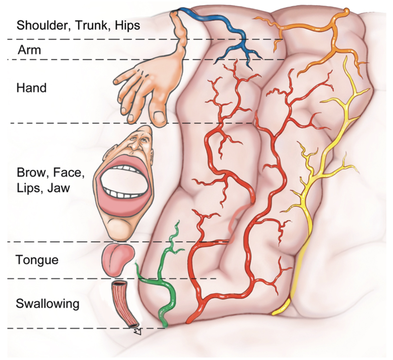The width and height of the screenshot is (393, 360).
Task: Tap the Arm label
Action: (29, 50)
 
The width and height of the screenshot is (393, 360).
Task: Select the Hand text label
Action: (31, 88)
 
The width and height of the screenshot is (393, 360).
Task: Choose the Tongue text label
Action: (37, 260)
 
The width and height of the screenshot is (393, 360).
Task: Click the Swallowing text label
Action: (47, 303)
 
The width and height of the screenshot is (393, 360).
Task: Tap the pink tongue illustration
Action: (118, 259)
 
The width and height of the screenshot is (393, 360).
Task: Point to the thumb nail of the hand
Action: (159, 116)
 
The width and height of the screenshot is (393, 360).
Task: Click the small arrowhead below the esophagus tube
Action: (137, 332)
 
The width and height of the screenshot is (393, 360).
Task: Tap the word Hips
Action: (127, 25)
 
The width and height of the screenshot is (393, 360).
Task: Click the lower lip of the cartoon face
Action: (124, 203)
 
